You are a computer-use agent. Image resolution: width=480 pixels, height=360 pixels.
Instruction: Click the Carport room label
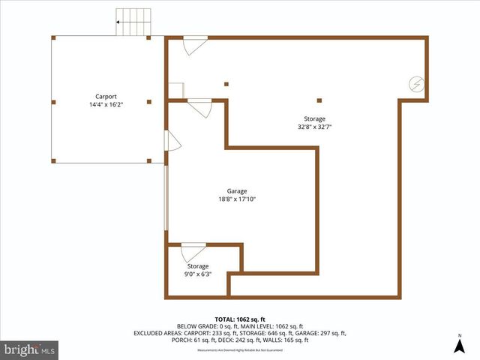point(106,96)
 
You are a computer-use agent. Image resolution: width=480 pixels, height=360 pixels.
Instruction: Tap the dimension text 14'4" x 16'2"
point(106,105)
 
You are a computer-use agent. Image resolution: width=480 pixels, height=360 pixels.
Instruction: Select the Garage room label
point(237,191)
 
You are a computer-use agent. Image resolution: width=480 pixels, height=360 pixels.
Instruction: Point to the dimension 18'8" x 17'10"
point(237,199)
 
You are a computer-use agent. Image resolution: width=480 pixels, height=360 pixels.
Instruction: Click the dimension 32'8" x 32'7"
point(314,127)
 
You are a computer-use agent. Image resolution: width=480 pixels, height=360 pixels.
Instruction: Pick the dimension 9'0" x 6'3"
point(198,274)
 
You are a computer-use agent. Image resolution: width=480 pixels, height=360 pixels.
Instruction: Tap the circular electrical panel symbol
point(416,85)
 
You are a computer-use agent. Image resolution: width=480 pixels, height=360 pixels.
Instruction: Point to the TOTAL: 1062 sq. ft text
point(239,318)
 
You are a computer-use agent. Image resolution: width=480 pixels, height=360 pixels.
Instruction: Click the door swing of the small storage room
point(193,253)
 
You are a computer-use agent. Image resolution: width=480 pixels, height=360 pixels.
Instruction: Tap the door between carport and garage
point(171,140)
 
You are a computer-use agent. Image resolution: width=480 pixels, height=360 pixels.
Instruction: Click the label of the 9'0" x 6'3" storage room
point(198,266)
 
